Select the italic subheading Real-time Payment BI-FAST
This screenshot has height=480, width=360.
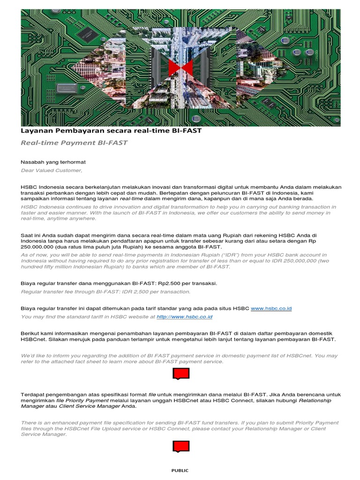tap(74, 142)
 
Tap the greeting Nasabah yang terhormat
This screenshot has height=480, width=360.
tap(53, 162)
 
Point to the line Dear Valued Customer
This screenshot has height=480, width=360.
tap(52, 170)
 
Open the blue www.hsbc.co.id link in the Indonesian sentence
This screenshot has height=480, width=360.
tap(271, 308)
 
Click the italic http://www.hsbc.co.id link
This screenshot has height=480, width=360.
tap(184, 317)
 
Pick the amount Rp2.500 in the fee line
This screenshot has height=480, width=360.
tap(168, 283)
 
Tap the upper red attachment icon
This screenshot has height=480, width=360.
tap(181, 374)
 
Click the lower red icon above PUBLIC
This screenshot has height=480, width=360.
tap(181, 446)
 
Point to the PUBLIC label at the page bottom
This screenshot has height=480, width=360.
tap(180, 471)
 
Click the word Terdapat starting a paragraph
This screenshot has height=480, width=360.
tap(34, 394)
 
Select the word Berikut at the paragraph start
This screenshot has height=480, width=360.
tap(31, 332)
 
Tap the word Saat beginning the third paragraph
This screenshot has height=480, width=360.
tap(28, 235)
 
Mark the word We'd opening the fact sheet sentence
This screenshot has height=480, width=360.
tap(28, 355)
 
